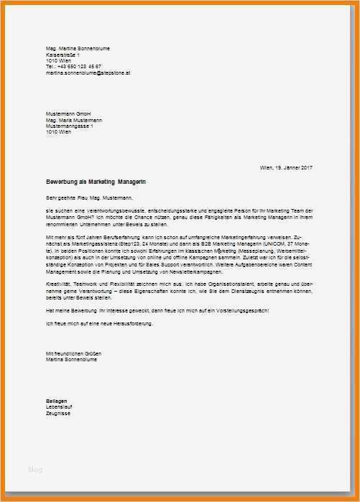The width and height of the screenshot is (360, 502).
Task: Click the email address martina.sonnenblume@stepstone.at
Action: click(88, 73)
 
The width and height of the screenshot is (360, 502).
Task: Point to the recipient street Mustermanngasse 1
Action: click(70, 126)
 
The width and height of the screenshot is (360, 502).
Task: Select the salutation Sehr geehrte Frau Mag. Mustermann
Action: click(90, 197)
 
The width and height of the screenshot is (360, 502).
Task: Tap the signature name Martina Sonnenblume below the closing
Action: click(70, 361)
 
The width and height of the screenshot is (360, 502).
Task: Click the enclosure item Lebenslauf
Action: click(60, 406)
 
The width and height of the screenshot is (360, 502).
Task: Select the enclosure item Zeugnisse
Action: click(59, 413)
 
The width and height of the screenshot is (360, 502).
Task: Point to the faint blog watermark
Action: click(35, 469)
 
